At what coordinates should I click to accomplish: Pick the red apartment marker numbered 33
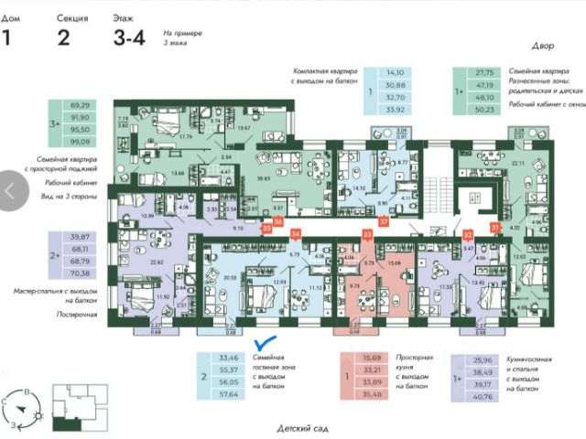pyautogui.click(x=366, y=235)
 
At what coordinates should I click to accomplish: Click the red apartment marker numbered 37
pyautogui.click(x=384, y=220)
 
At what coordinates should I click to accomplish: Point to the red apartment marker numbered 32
pyautogui.click(x=467, y=234)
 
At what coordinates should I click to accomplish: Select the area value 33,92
pyautogui.click(x=396, y=108)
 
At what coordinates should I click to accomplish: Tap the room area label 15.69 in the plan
pyautogui.click(x=395, y=263)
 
